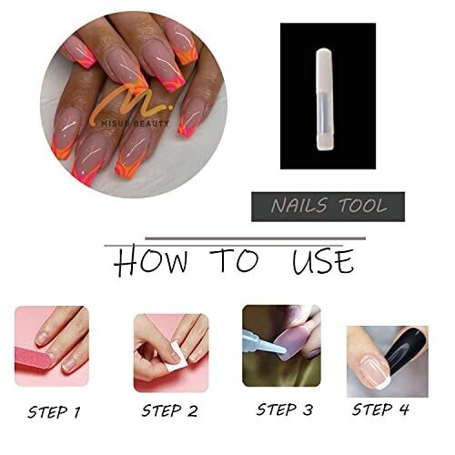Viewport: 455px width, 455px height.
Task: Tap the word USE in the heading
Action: [323, 261]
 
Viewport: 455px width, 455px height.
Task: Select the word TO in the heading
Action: [236, 260]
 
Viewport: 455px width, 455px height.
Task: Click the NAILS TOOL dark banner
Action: [328, 207]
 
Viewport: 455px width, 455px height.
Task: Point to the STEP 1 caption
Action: [54, 412]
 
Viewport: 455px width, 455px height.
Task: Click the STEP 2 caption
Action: [169, 410]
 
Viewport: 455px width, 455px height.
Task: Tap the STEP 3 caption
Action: [285, 409]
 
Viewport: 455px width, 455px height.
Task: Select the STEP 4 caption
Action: [380, 409]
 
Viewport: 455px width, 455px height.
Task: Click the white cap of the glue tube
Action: [325, 71]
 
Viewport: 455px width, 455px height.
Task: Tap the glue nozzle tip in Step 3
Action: [284, 351]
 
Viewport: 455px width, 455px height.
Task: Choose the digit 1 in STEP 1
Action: [76, 412]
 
